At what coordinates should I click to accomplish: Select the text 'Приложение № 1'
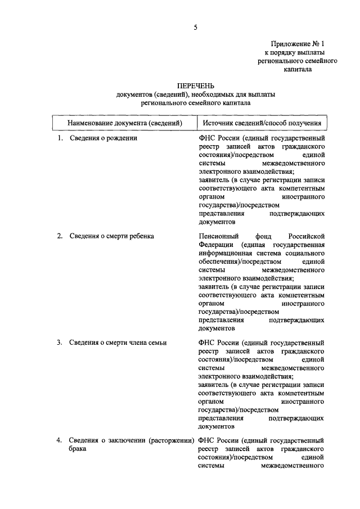pos(298,43)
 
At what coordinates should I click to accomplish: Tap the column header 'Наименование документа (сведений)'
pos(125,122)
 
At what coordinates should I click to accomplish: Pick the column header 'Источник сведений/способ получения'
pos(262,122)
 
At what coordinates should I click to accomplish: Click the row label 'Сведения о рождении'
pos(103,137)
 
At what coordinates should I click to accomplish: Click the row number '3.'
pos(59,342)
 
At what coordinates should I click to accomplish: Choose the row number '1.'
pos(59,137)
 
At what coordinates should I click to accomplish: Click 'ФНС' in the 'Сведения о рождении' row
pos(206,137)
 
